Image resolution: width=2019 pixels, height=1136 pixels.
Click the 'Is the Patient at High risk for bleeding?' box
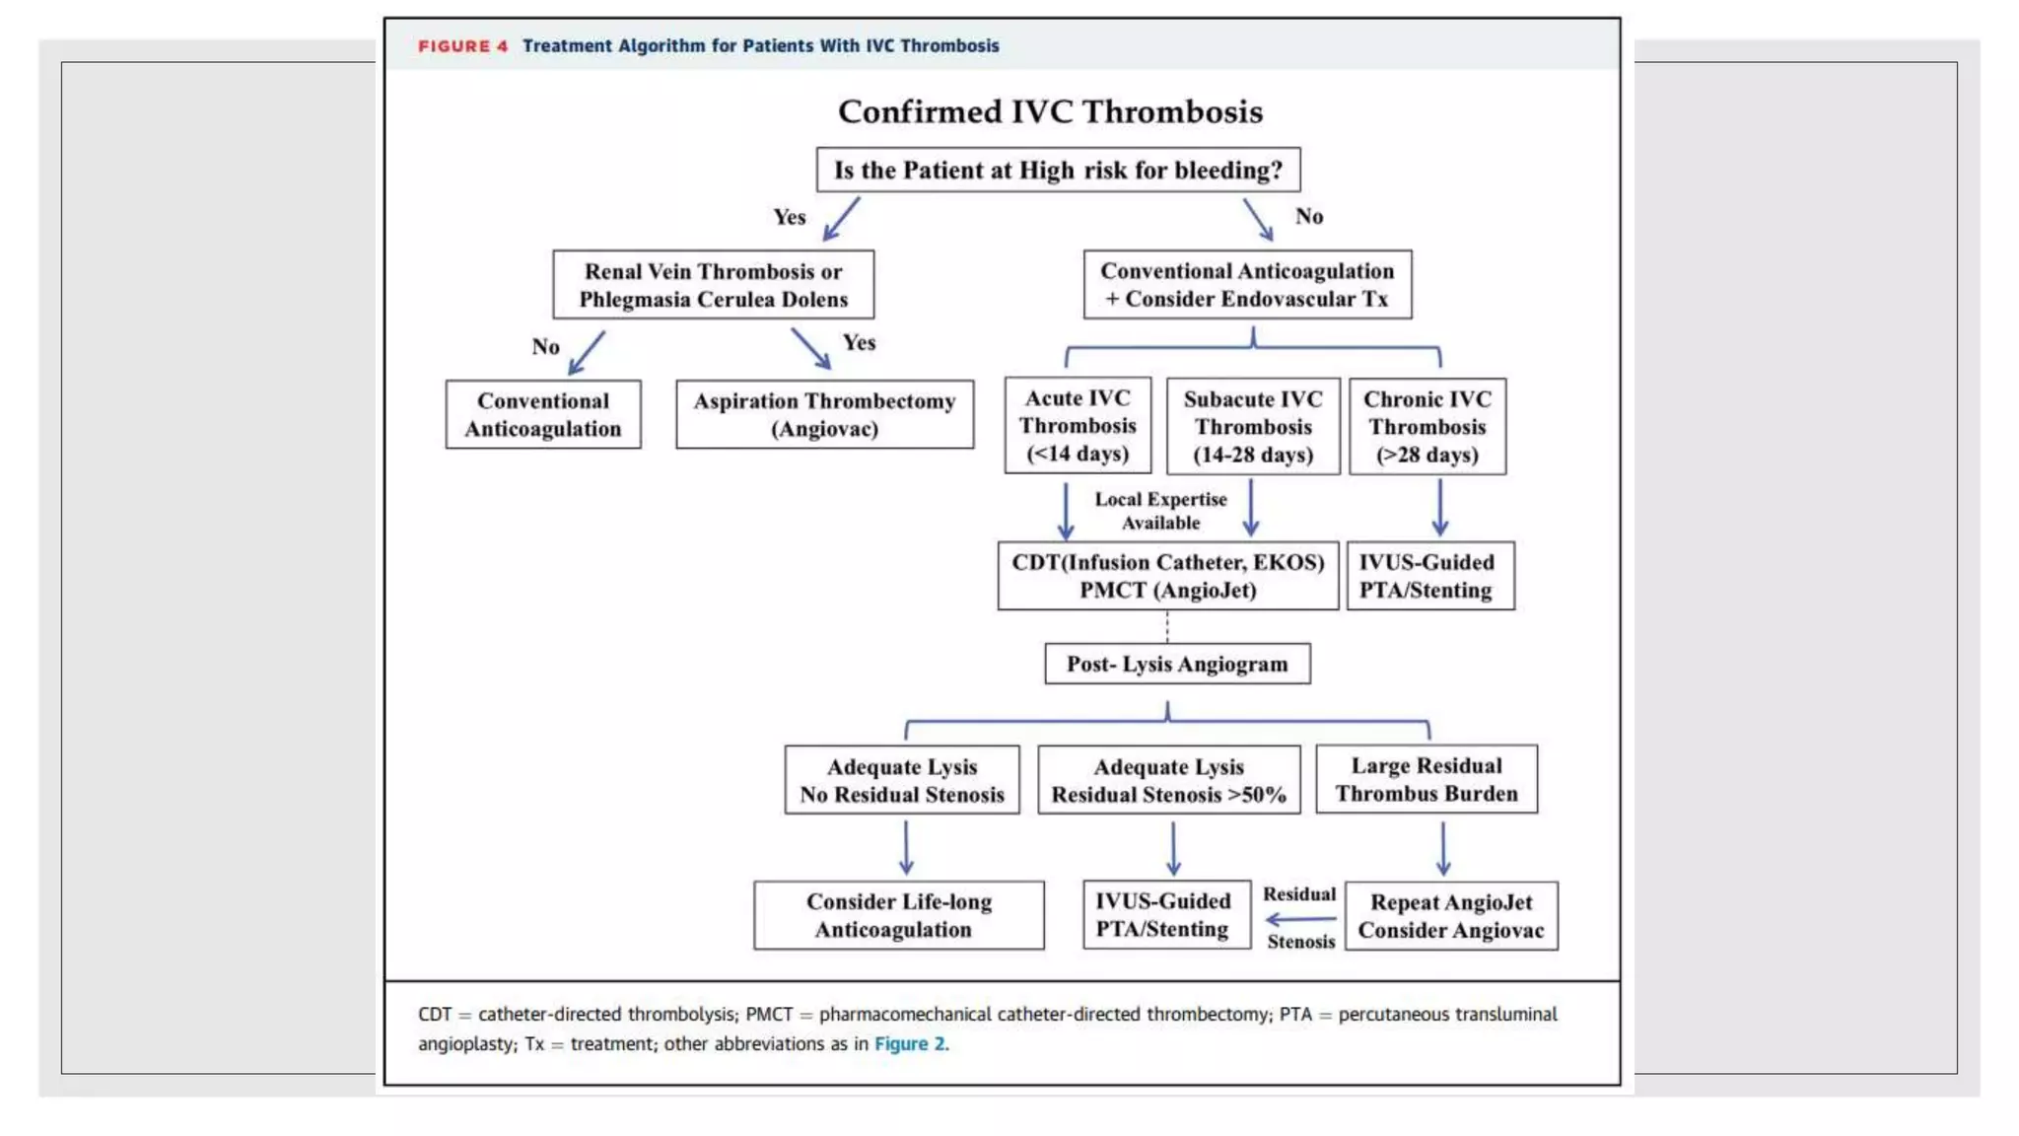coord(1058,170)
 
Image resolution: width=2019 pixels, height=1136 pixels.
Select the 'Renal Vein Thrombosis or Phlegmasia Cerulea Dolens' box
coord(713,285)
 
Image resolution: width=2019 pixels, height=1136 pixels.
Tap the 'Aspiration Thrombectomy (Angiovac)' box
coord(824,414)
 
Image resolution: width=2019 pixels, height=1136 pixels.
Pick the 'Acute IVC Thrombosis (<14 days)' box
coord(1078,426)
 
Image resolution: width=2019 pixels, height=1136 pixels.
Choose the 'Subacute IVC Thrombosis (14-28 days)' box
coord(1253,426)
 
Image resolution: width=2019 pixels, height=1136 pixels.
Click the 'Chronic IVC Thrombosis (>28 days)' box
coord(1427,426)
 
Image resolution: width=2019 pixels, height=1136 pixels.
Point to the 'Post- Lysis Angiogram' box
coord(1177,664)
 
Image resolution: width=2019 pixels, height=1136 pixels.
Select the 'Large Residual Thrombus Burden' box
coord(1427,779)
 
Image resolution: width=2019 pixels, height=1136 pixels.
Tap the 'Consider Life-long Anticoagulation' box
coord(898,915)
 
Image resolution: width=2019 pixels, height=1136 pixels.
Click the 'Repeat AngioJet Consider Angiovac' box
coord(1451,916)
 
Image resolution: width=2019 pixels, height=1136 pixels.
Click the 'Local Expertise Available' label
coord(1160,511)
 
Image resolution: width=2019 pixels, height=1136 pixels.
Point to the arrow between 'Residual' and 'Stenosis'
coord(1300,919)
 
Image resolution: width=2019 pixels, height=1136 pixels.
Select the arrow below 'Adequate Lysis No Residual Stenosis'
coord(906,848)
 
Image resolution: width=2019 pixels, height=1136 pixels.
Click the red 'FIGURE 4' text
coord(462,46)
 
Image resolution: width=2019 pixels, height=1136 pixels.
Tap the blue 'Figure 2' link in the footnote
coord(909,1043)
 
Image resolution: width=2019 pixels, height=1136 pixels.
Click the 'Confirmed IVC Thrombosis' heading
coord(1050,111)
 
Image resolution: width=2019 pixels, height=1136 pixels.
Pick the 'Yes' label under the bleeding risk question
coord(789,217)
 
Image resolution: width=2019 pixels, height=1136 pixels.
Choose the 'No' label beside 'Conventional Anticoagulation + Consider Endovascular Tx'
coord(1309,216)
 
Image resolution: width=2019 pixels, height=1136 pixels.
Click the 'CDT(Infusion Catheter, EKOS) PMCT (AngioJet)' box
coord(1167,576)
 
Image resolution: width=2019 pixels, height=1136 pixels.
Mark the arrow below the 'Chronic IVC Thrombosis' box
coord(1439,508)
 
